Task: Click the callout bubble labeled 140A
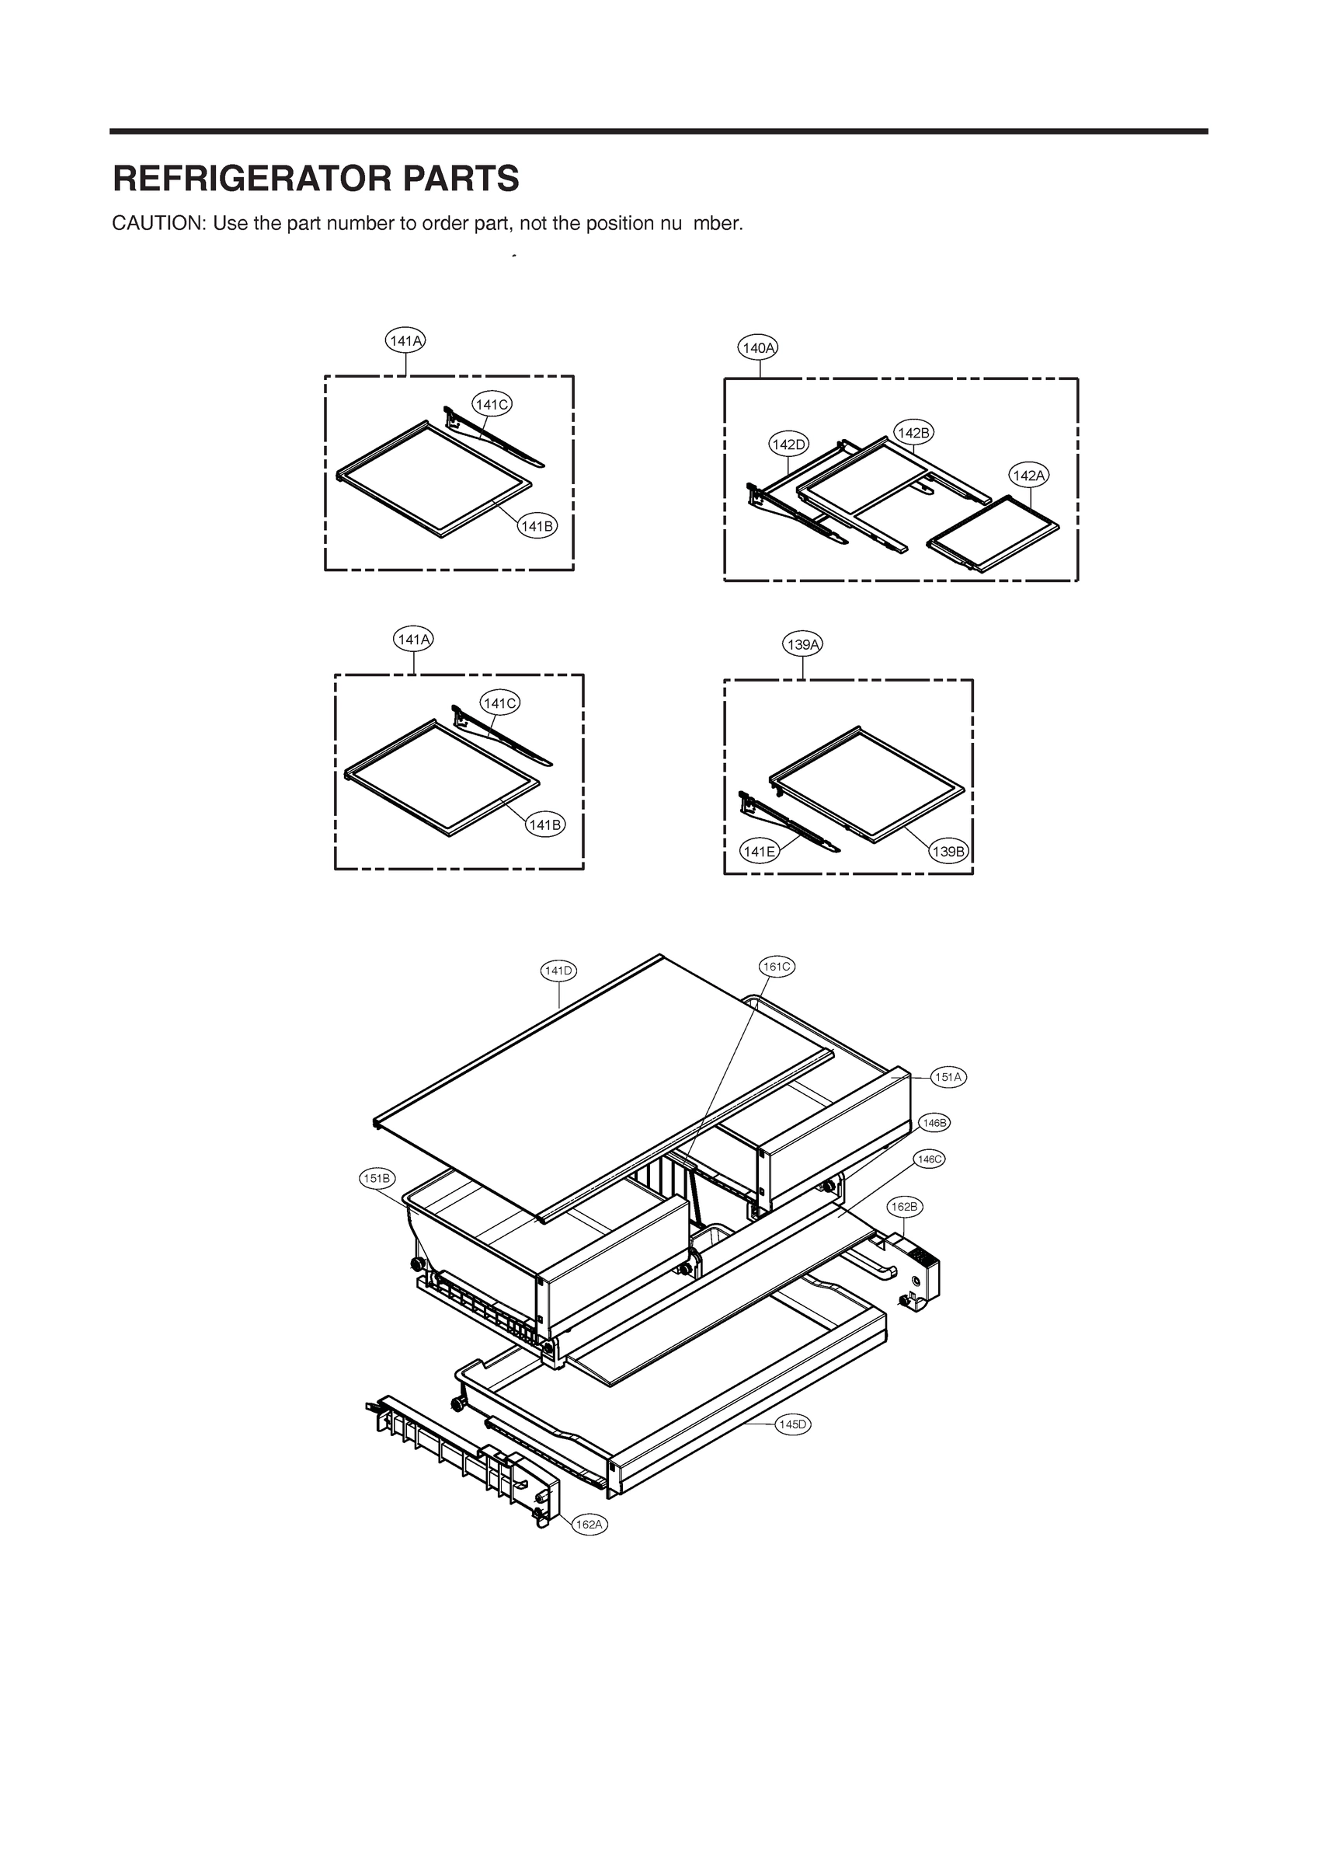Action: point(759,347)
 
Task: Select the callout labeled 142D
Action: point(788,444)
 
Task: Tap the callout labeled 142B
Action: point(913,432)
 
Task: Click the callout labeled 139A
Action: point(803,645)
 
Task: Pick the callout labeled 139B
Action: point(948,851)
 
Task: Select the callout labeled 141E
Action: point(759,851)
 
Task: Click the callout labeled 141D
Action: point(558,970)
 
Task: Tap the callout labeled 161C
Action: point(777,966)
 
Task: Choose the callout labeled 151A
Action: point(948,1077)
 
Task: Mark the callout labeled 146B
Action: point(934,1123)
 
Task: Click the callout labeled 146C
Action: point(928,1159)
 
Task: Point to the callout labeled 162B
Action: point(904,1207)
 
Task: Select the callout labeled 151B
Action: point(377,1178)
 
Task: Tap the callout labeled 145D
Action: point(793,1424)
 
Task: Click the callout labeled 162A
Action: point(589,1525)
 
